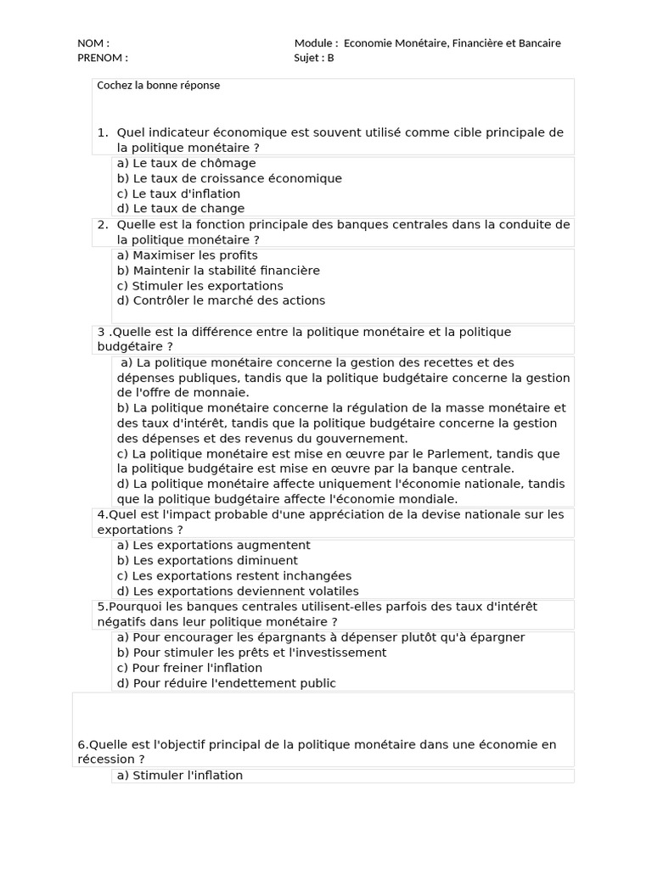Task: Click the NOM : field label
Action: point(93,43)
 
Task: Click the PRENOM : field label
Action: point(103,58)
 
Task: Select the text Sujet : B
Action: point(314,58)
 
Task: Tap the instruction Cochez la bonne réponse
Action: point(159,86)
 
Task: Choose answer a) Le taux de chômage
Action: point(186,163)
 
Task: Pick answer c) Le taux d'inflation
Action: point(178,193)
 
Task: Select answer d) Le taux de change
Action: point(180,209)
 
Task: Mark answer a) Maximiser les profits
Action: point(187,255)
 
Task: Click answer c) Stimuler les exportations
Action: point(200,286)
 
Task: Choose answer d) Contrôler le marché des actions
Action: point(221,300)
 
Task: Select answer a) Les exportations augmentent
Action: point(213,546)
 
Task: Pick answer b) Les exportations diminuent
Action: point(207,561)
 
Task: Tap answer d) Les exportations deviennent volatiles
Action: point(238,591)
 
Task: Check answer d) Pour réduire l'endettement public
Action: point(226,683)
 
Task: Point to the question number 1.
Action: point(102,132)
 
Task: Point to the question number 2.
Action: point(102,225)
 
